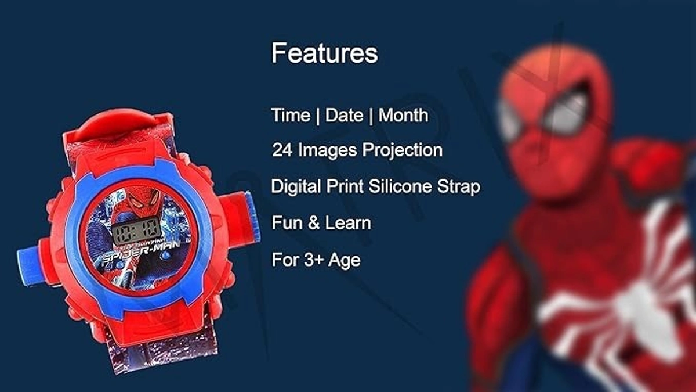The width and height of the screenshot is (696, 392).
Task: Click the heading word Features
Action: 324,53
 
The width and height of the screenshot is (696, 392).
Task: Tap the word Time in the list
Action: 290,115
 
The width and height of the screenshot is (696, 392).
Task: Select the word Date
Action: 344,115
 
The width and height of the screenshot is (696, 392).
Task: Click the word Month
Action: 403,115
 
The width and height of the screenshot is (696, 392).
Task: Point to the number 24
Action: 282,150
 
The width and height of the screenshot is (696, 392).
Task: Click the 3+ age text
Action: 313,260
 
